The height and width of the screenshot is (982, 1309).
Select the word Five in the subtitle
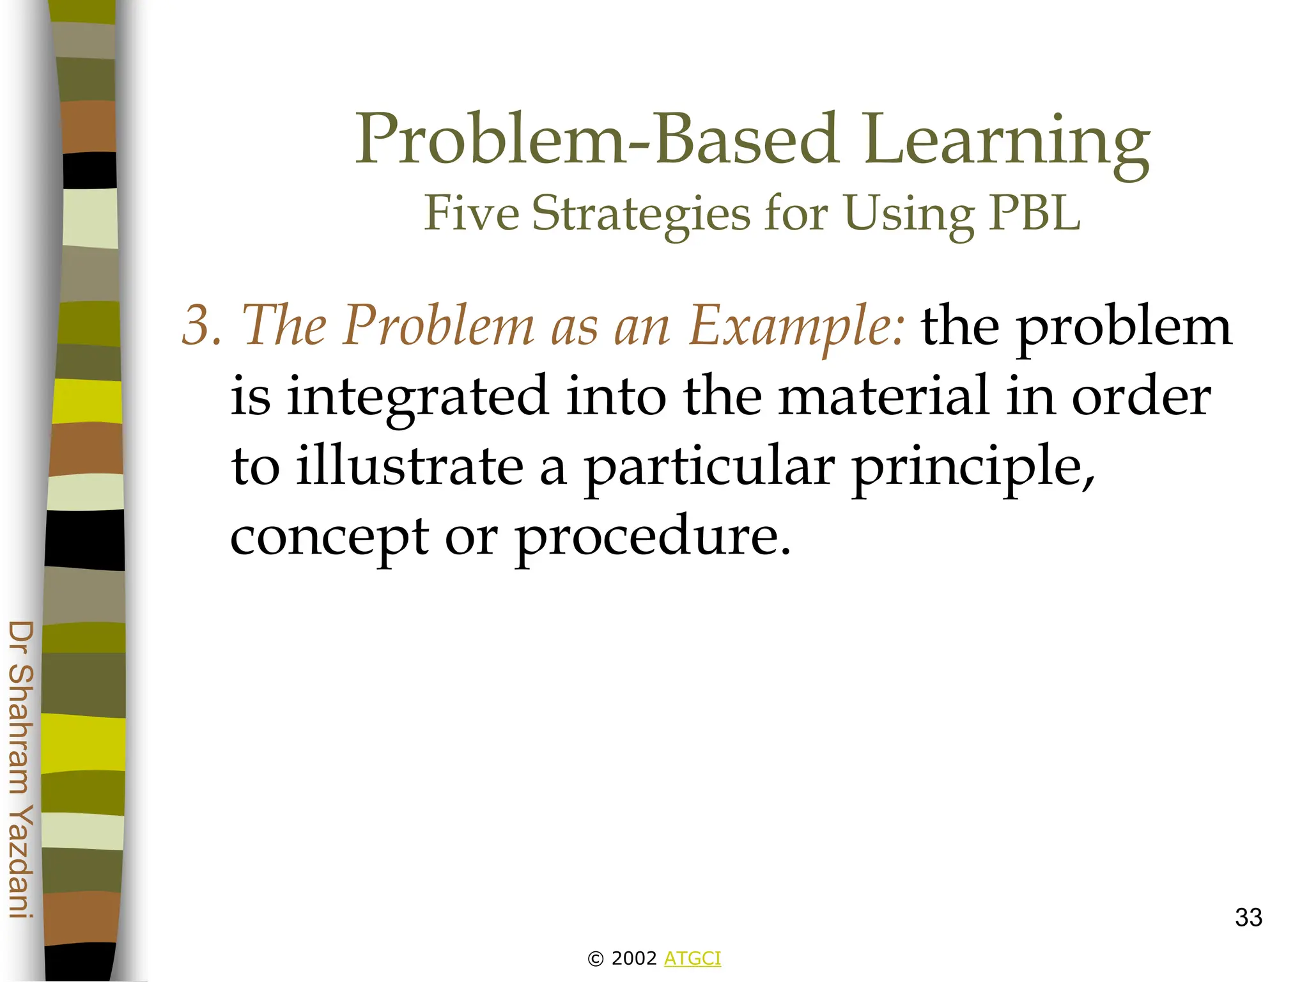click(472, 214)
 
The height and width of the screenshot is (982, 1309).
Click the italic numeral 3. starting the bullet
click(202, 325)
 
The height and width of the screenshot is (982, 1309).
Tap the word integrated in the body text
click(418, 397)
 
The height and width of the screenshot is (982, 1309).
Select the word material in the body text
click(885, 396)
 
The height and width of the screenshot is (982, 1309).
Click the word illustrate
click(410, 466)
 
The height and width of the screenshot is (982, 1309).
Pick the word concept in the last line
click(329, 538)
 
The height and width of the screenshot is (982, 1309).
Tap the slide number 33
click(1248, 917)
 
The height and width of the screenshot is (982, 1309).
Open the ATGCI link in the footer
click(692, 958)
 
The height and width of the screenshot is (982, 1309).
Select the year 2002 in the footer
click(634, 958)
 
